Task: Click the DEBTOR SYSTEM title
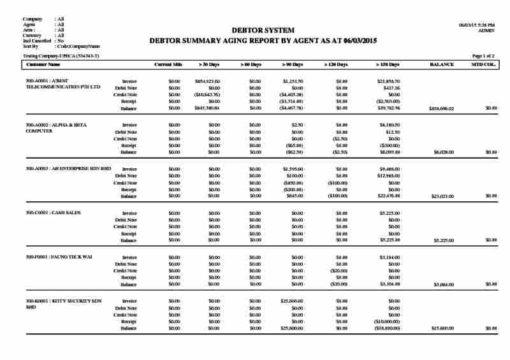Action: point(263,31)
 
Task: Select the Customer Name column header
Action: point(43,65)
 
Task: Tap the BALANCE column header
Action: point(442,65)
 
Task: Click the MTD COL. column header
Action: point(484,65)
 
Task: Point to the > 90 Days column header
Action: point(293,65)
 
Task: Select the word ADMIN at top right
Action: point(486,30)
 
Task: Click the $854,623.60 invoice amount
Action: point(207,82)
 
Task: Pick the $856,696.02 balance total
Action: point(442,109)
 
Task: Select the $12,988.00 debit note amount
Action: point(388,176)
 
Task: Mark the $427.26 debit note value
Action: point(390,88)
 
